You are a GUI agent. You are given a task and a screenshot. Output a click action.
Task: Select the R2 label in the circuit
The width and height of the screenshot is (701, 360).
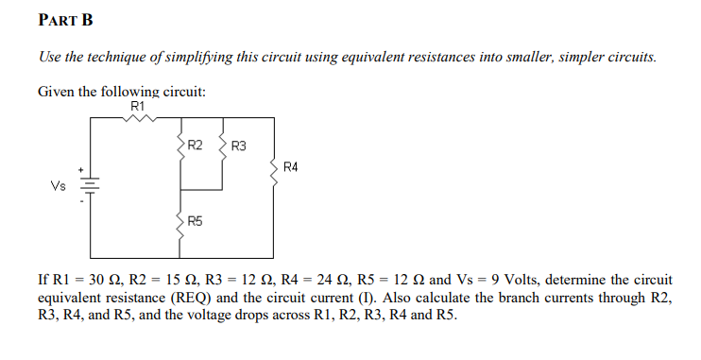tap(195, 146)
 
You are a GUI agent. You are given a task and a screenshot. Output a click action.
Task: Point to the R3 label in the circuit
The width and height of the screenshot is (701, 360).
tap(238, 146)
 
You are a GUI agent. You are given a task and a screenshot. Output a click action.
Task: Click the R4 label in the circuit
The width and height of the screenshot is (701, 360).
tap(290, 167)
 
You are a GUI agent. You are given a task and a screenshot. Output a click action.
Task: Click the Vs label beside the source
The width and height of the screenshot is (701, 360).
tap(59, 186)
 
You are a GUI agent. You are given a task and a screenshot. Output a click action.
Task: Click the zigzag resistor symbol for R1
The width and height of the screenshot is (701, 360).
tap(138, 118)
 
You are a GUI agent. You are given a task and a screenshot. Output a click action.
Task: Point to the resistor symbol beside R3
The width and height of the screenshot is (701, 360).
tap(223, 146)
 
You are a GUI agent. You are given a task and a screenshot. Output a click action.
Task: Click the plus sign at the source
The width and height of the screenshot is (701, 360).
tap(82, 171)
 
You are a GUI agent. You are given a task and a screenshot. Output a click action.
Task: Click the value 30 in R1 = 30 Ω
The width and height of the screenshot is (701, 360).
tap(93, 281)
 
